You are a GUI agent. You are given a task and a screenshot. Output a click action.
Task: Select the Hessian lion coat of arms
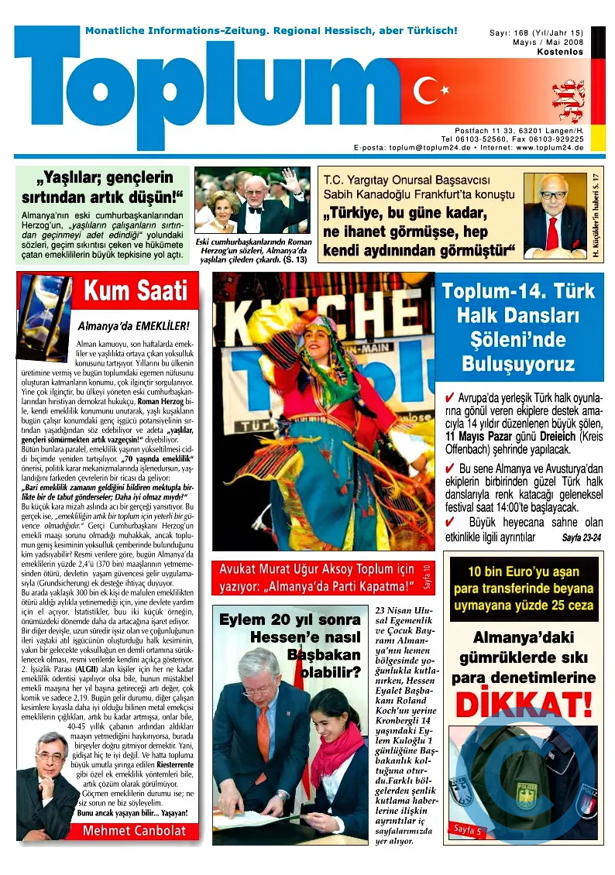(568, 101)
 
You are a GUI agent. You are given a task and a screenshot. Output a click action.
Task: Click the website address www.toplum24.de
(550, 147)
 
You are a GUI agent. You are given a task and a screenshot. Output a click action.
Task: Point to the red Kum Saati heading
(136, 292)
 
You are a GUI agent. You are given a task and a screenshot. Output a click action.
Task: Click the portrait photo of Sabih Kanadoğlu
(554, 215)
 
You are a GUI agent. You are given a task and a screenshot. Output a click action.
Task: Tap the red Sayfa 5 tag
(467, 831)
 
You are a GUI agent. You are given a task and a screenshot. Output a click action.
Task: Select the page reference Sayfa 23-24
(581, 537)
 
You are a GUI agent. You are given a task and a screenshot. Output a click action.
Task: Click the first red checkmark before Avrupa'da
(449, 398)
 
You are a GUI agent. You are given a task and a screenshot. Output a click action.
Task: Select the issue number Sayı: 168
(509, 33)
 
